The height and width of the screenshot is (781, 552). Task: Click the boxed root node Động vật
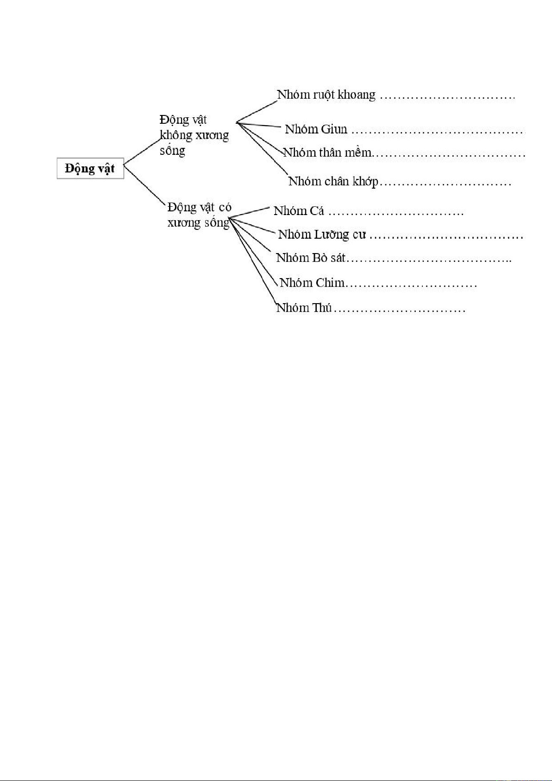click(90, 168)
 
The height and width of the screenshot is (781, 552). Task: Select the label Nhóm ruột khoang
click(326, 95)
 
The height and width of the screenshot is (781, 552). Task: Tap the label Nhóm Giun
click(316, 129)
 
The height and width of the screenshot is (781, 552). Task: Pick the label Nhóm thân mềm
click(327, 152)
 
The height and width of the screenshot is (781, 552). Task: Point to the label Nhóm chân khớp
click(333, 181)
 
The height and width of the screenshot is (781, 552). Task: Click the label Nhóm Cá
click(299, 211)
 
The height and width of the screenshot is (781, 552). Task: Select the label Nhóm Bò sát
click(311, 258)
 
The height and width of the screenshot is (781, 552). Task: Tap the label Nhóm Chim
click(312, 283)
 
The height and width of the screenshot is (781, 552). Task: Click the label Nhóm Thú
click(304, 308)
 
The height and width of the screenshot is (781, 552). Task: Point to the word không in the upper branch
click(176, 135)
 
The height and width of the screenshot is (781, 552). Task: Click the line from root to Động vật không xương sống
click(142, 151)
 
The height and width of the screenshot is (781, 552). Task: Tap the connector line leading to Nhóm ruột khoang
click(256, 112)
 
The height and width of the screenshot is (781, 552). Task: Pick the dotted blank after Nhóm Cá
click(396, 214)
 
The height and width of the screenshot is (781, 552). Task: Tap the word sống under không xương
click(172, 151)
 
